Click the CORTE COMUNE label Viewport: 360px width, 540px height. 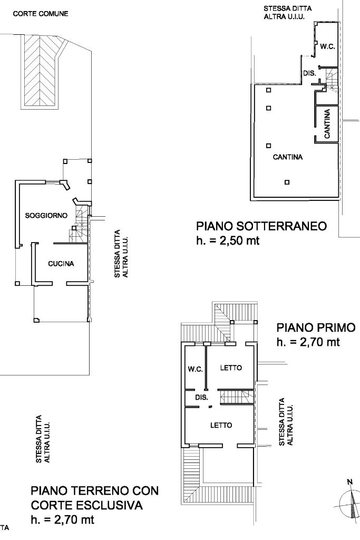pyautogui.click(x=41, y=14)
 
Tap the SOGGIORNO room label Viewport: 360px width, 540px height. pyautogui.click(x=46, y=216)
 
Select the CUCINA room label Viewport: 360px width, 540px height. pyautogui.click(x=61, y=264)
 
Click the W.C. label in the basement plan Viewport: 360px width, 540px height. pyautogui.click(x=327, y=47)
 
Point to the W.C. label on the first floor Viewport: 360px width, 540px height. pyautogui.click(x=195, y=370)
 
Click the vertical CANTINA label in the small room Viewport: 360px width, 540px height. pyautogui.click(x=327, y=124)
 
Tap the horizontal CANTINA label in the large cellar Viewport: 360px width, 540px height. pyautogui.click(x=288, y=157)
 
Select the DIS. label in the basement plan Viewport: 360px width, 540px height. pyautogui.click(x=309, y=73)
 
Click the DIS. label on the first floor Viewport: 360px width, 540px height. pyautogui.click(x=202, y=398)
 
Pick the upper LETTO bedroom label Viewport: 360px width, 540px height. pyautogui.click(x=231, y=368)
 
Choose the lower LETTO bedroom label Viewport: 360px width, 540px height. pyautogui.click(x=221, y=426)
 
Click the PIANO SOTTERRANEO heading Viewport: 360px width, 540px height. pyautogui.click(x=261, y=226)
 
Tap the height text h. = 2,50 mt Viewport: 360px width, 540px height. pyautogui.click(x=228, y=240)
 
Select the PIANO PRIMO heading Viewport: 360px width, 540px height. pyautogui.click(x=316, y=327)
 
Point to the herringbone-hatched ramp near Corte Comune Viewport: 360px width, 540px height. pyautogui.click(x=41, y=72)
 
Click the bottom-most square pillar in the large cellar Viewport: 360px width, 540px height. pyautogui.click(x=287, y=182)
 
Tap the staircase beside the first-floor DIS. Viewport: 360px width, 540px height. pyautogui.click(x=237, y=397)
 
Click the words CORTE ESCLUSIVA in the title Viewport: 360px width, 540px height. pyautogui.click(x=86, y=505)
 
